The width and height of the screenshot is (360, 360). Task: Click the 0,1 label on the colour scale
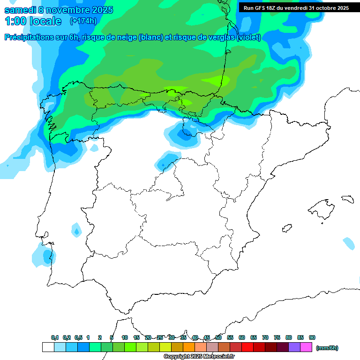click(x=55, y=337)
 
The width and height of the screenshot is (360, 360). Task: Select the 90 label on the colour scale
click(x=312, y=337)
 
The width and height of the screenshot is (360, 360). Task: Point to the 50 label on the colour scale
click(x=218, y=337)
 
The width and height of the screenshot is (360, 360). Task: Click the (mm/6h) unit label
click(x=327, y=348)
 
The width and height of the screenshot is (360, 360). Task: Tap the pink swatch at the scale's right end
click(x=306, y=347)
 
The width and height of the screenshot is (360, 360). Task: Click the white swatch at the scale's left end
click(x=48, y=347)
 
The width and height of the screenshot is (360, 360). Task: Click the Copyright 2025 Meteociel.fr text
click(x=199, y=357)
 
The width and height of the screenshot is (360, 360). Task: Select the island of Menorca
click(x=348, y=199)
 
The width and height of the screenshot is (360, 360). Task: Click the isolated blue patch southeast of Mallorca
click(x=349, y=243)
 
